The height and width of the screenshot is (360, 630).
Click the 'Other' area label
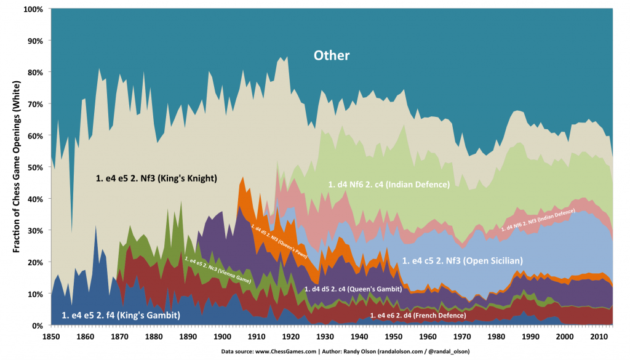pyautogui.click(x=332, y=55)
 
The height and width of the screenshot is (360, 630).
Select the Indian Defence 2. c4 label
pyautogui.click(x=388, y=184)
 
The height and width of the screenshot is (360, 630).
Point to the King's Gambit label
pyautogui.click(x=121, y=314)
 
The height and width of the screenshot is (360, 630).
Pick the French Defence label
pyautogui.click(x=418, y=315)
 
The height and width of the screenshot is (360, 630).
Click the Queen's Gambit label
pyautogui.click(x=353, y=289)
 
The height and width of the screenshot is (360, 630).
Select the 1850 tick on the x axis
pyautogui.click(x=51, y=337)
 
